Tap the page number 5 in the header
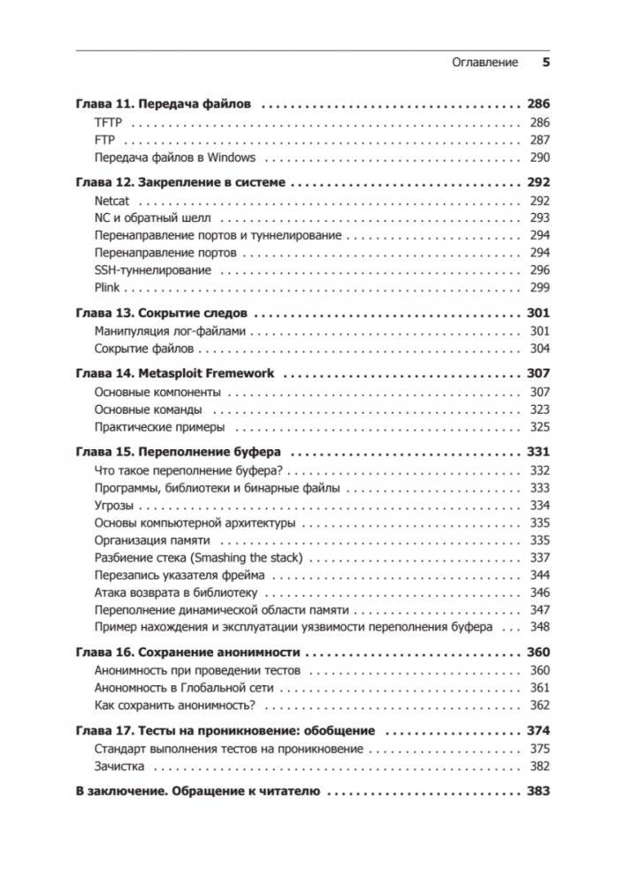tap(546, 63)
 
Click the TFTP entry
tap(107, 122)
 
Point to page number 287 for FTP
tap(539, 140)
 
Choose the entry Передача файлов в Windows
tap(174, 157)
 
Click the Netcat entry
tap(111, 201)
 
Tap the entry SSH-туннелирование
tap(152, 271)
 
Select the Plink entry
tap(106, 288)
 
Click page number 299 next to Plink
tap(539, 288)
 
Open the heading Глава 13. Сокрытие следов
tap(161, 314)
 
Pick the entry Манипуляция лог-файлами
tap(170, 332)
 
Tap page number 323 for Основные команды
tap(539, 409)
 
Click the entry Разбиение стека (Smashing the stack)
tap(198, 557)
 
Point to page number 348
tap(539, 627)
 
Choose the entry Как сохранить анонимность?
tap(174, 705)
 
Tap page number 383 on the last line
tap(538, 791)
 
